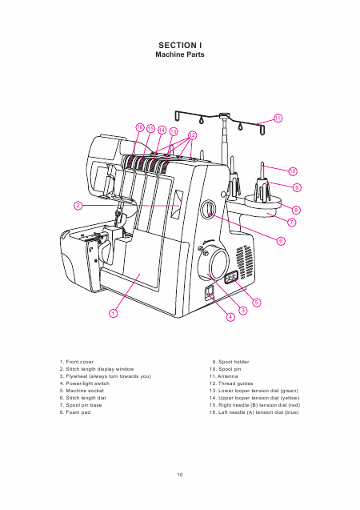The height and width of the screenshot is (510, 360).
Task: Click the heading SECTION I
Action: click(180, 45)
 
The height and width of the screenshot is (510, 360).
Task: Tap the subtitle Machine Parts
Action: click(180, 54)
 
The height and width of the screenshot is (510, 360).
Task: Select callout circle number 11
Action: click(278, 118)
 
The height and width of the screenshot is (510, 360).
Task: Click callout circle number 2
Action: click(78, 206)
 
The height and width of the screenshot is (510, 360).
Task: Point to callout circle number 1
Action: click(113, 314)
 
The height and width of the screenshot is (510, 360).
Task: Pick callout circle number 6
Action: click(281, 241)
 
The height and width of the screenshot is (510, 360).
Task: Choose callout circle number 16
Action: click(140, 127)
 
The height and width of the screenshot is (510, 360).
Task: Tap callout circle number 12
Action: click(192, 135)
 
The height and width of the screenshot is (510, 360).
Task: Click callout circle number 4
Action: click(230, 317)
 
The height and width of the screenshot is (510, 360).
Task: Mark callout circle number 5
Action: click(257, 303)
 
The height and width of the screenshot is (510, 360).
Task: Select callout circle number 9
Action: click(297, 187)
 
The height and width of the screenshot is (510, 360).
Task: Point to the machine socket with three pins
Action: click(231, 277)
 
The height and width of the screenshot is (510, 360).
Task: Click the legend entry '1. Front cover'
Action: click(77, 362)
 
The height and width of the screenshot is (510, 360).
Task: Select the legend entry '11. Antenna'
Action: click(223, 376)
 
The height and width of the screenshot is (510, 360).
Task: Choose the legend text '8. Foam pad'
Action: click(75, 412)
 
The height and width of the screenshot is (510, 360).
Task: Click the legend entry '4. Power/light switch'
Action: click(85, 384)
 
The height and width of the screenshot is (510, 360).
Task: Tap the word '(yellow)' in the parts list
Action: click(290, 398)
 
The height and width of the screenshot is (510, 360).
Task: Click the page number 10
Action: click(180, 475)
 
